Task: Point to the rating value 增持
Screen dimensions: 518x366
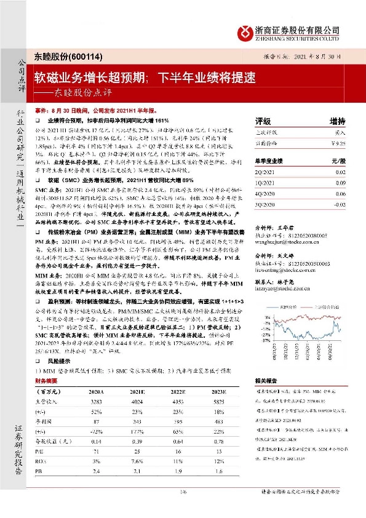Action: point(337,121)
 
